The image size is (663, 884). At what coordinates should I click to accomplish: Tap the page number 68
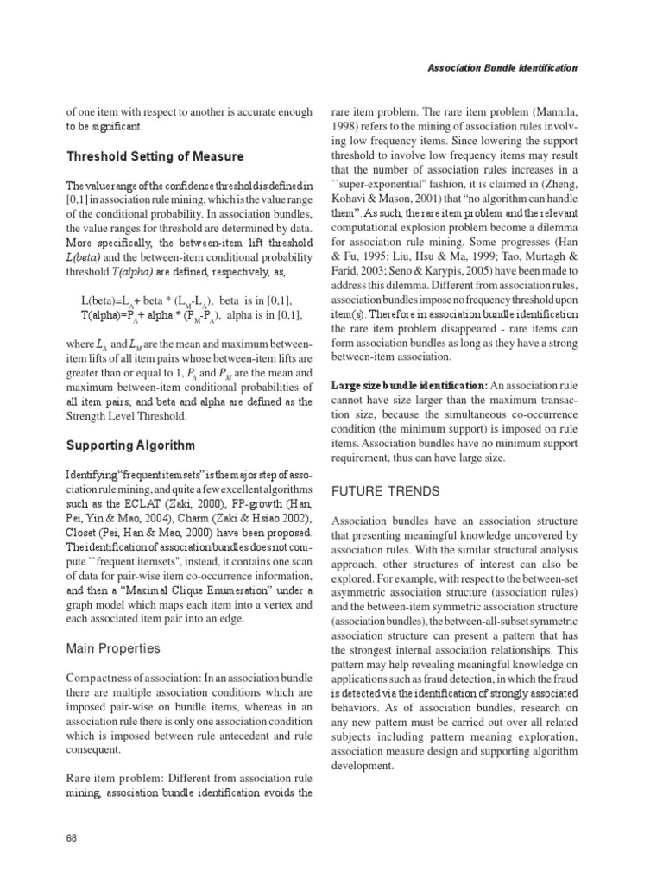click(x=73, y=837)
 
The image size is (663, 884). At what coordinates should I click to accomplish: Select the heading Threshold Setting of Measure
click(x=155, y=156)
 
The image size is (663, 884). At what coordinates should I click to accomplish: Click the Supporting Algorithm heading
click(x=131, y=445)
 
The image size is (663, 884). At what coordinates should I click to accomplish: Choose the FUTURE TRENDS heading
click(x=388, y=491)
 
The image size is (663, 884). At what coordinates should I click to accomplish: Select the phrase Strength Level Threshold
click(x=130, y=417)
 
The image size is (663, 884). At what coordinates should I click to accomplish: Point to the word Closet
click(x=83, y=535)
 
